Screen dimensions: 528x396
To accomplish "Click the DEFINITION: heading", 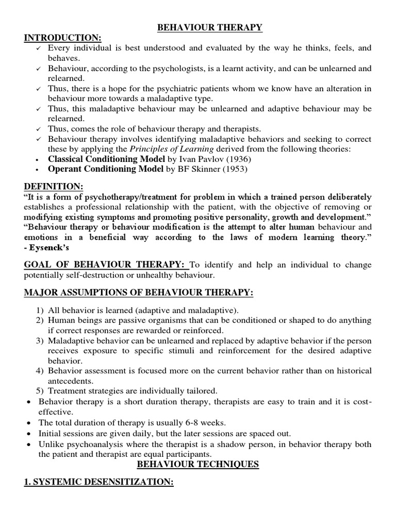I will [x=53, y=186].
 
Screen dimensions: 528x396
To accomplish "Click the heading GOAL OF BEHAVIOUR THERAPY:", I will [x=106, y=265].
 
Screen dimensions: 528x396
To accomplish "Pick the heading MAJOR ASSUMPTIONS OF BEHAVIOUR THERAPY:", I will [x=139, y=293].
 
